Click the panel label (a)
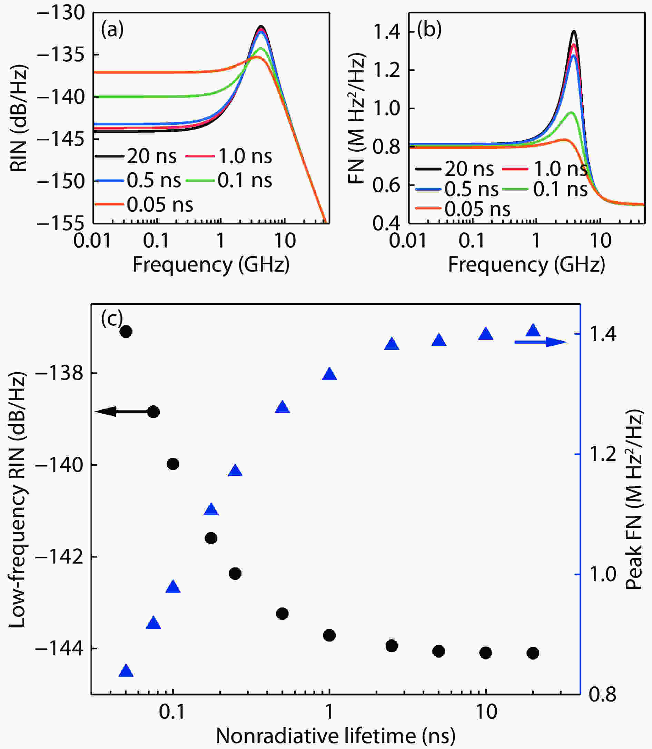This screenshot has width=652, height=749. (112, 30)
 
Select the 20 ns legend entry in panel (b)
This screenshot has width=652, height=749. (454, 169)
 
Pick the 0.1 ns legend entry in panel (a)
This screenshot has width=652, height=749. (229, 180)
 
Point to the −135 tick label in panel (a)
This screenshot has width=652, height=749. (61, 54)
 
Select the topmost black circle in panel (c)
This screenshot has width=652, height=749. (126, 331)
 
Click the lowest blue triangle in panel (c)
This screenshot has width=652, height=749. (126, 670)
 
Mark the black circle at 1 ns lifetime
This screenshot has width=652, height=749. (329, 636)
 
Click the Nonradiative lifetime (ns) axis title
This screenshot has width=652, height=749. (335, 736)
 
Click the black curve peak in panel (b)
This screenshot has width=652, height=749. (574, 31)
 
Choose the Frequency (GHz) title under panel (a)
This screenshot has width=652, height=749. (211, 265)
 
